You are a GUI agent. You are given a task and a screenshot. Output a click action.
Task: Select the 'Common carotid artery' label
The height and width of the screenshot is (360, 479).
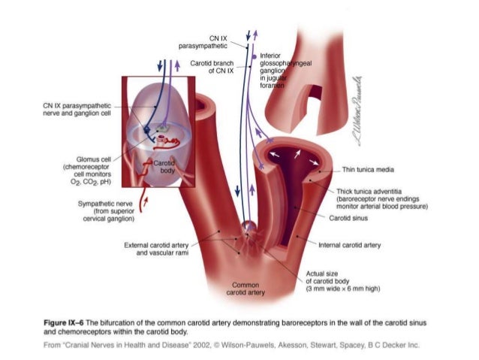tap(246, 289)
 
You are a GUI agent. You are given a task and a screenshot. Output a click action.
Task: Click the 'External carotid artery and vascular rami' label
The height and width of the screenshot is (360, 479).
tap(160, 250)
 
